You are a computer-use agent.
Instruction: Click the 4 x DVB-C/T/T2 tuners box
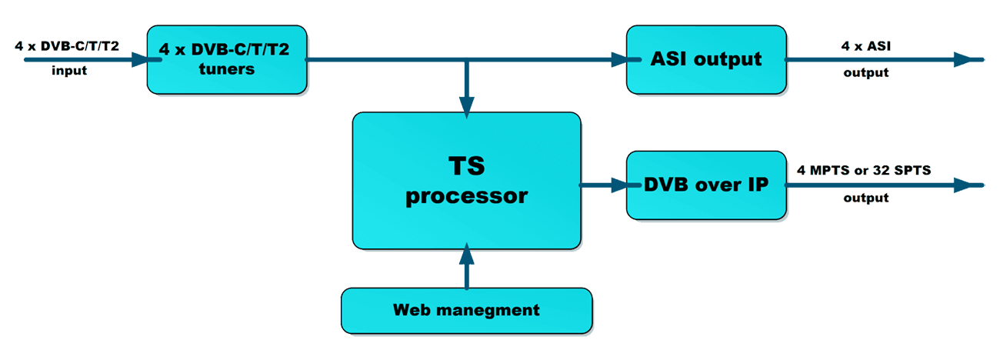point(227,59)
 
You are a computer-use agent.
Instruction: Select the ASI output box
point(705,59)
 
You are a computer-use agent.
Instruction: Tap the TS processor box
point(466,181)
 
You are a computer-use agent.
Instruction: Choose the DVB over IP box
point(705,185)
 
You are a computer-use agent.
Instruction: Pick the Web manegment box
point(466,310)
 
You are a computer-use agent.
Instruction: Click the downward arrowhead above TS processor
point(466,105)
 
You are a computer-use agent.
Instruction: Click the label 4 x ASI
point(866,46)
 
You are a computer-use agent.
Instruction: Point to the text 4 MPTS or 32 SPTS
point(863,171)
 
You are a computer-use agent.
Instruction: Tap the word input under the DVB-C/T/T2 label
point(69,71)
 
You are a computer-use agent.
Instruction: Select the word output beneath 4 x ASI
point(866,73)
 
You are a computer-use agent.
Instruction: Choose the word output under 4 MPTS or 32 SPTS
point(866,198)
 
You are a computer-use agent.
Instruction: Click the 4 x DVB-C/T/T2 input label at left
point(67,46)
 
